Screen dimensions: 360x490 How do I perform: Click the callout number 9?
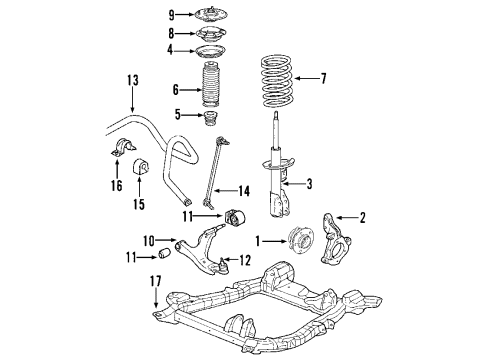(171, 14)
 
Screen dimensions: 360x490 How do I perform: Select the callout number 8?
(171, 33)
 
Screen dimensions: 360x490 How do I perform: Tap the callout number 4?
(171, 50)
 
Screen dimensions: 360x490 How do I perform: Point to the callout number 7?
(323, 76)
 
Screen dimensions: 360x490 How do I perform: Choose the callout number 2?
(363, 217)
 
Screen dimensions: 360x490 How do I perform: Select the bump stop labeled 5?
(213, 125)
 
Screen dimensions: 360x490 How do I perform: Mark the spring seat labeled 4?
(211, 51)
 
